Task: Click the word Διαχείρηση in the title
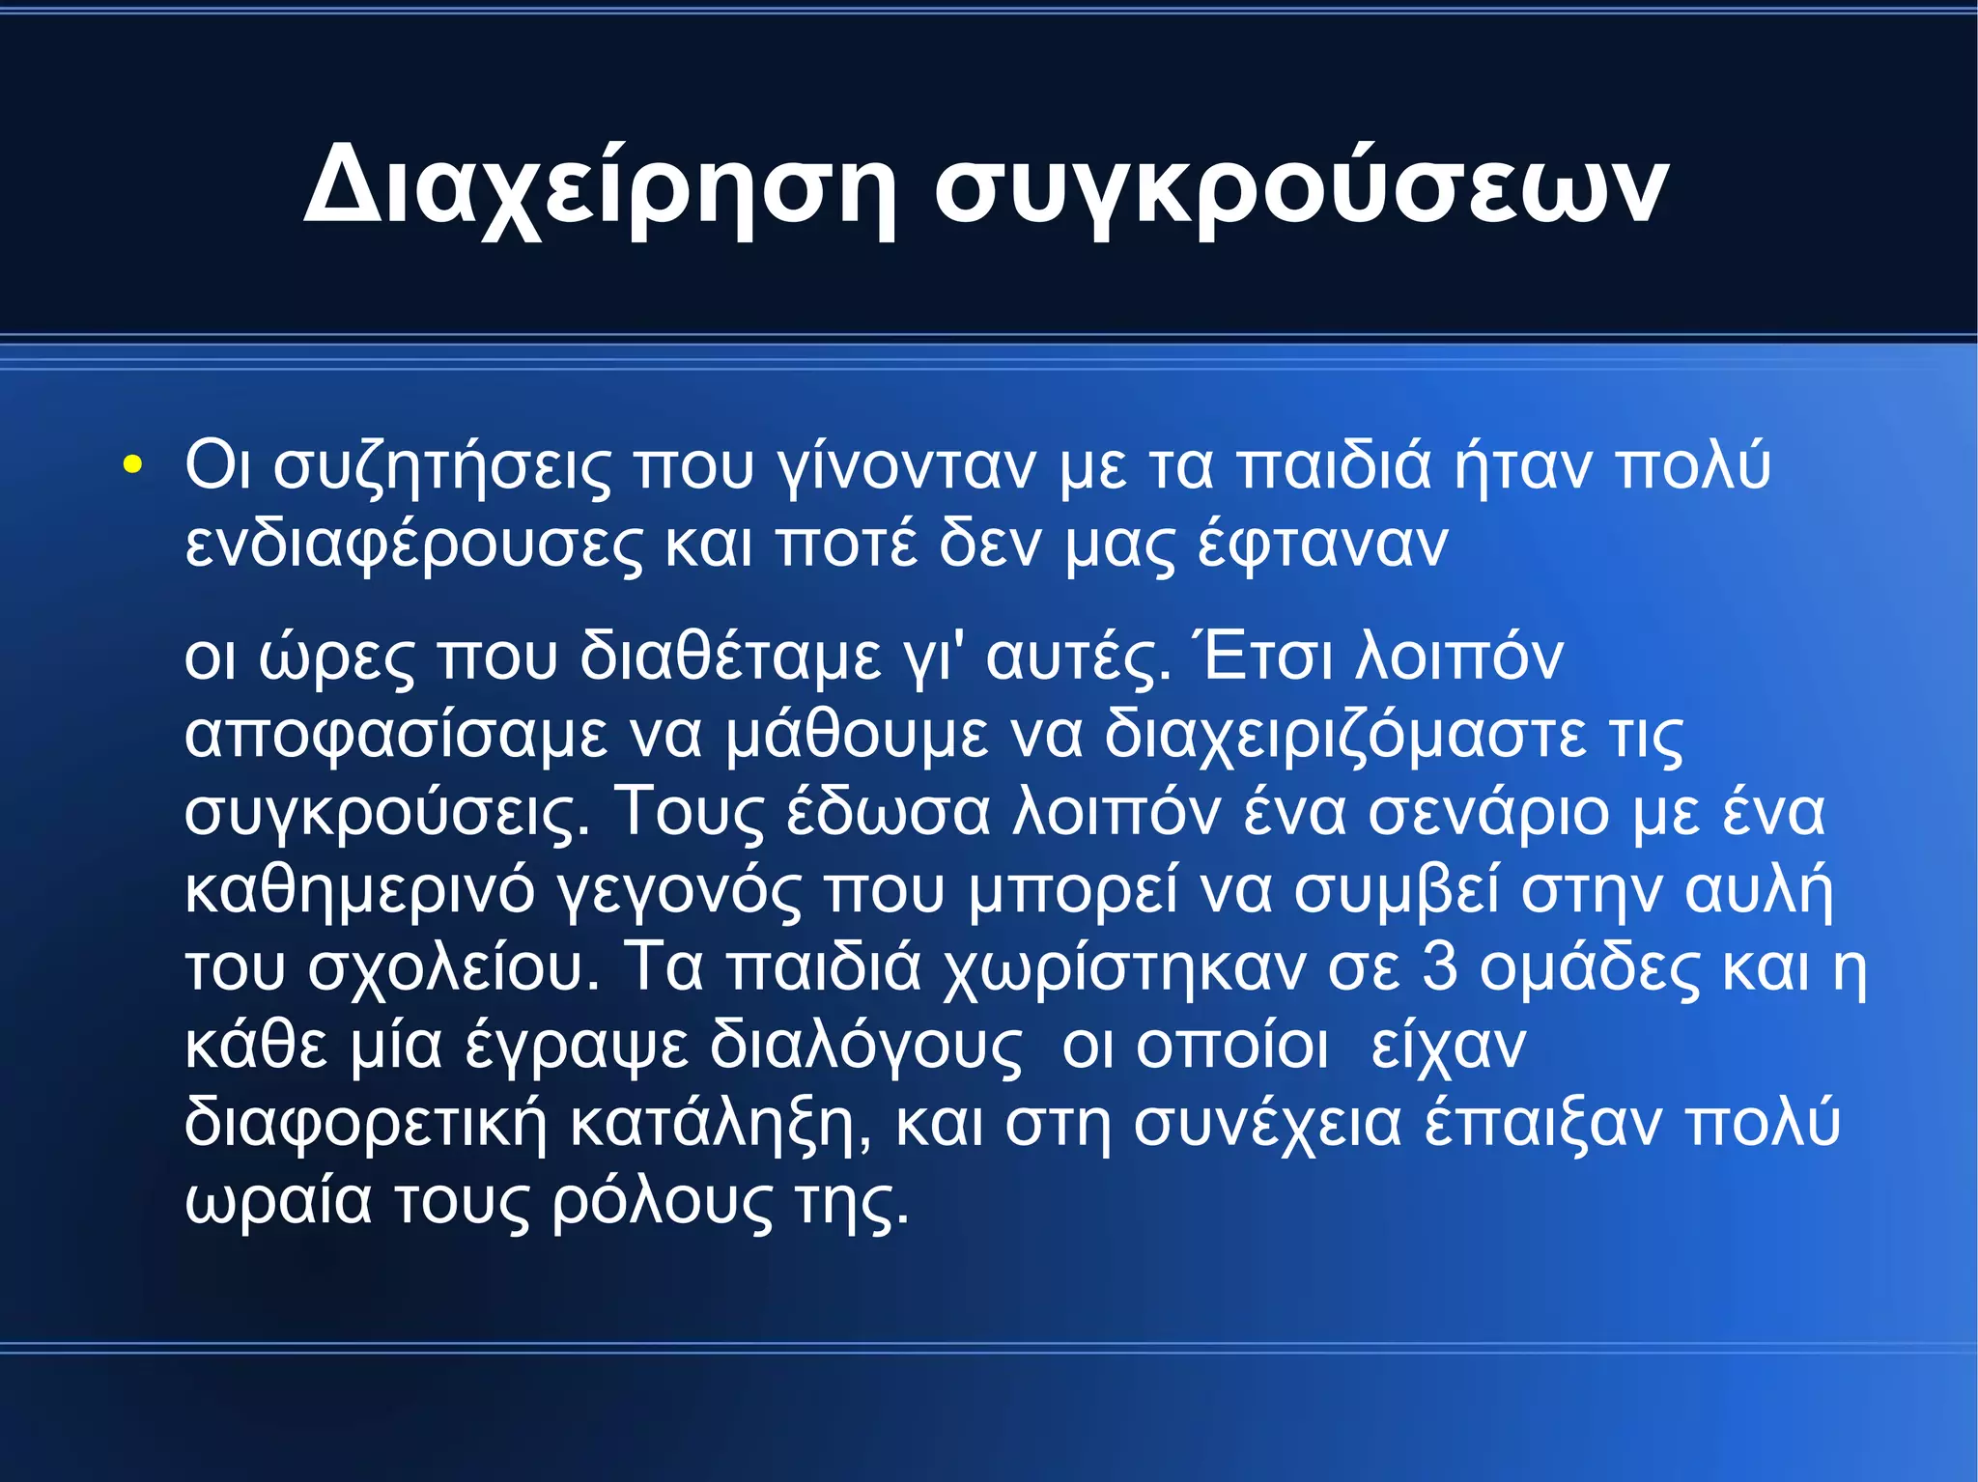pos(600,186)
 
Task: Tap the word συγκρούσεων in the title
pos(1300,186)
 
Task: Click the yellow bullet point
pos(132,465)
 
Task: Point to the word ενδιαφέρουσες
pos(413,545)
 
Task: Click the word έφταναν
pos(1322,545)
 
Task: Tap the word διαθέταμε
pos(730,658)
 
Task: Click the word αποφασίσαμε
pos(396,736)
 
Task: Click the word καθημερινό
pos(359,890)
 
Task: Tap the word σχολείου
pos(454,967)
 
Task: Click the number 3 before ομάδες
pos(1439,967)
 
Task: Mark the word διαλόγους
pos(865,1047)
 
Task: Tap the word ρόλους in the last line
pos(663,1203)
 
